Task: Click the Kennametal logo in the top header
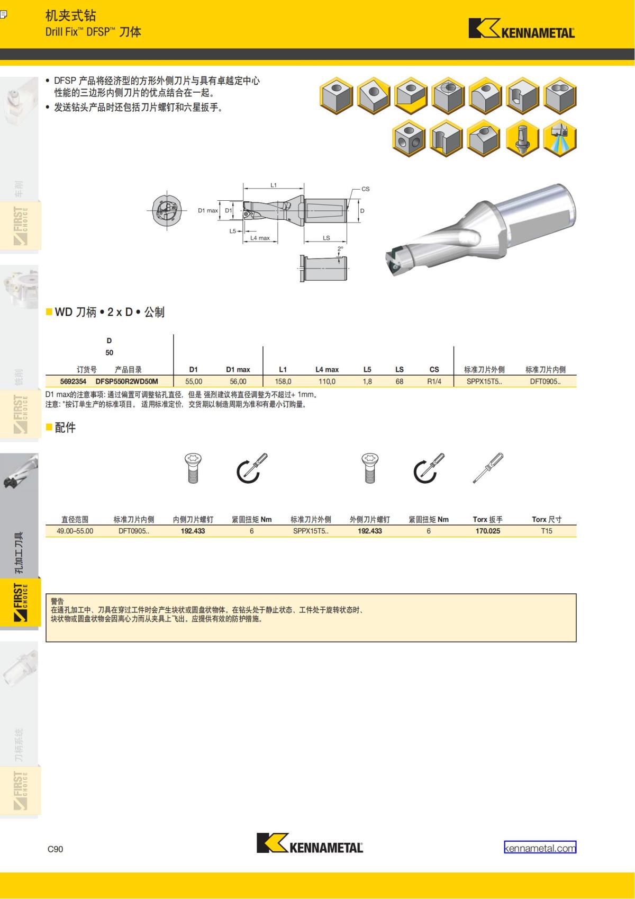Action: click(x=521, y=29)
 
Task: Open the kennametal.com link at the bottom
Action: click(x=540, y=848)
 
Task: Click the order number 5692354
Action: click(x=73, y=381)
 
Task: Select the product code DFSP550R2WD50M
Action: click(x=126, y=381)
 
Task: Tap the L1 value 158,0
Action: click(x=283, y=381)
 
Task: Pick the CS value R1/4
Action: click(x=434, y=381)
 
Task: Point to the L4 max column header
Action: click(x=327, y=369)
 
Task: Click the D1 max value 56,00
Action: click(x=238, y=381)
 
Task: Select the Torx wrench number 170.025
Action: click(x=487, y=531)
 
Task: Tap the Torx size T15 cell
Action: click(x=547, y=531)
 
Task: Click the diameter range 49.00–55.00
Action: click(x=75, y=531)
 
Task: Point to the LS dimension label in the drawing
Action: click(x=326, y=238)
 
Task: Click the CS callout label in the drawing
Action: click(x=365, y=189)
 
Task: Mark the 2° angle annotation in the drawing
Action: click(x=340, y=248)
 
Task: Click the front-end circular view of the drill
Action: click(x=167, y=211)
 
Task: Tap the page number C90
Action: click(x=55, y=849)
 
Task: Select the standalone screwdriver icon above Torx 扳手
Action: click(x=488, y=468)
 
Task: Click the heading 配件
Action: click(x=65, y=428)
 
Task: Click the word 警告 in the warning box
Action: click(x=57, y=601)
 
